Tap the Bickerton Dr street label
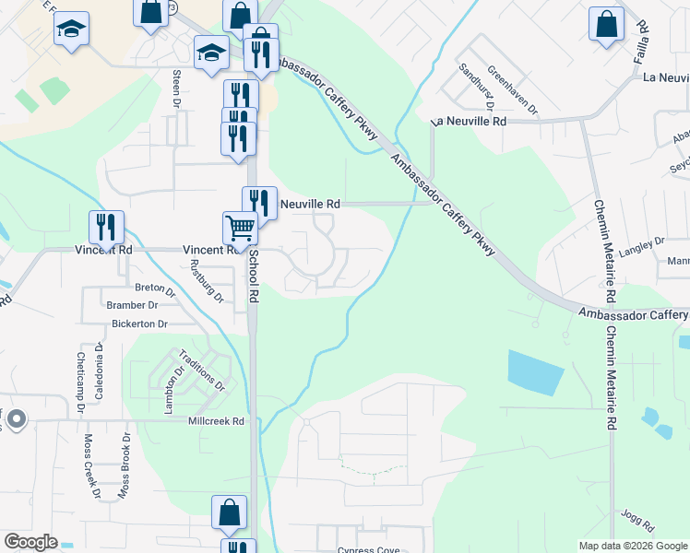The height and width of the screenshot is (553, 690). [138, 324]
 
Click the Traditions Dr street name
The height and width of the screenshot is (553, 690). [201, 371]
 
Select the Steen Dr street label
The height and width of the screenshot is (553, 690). [175, 86]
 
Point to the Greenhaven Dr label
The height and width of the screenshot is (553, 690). [513, 91]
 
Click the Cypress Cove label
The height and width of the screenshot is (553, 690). [368, 550]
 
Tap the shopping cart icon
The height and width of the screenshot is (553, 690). [240, 227]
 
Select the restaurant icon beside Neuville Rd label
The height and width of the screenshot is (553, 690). [259, 202]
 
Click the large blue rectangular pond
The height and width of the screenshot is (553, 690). [535, 372]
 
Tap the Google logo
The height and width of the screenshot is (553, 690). [30, 542]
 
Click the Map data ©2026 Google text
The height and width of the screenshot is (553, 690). [632, 546]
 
